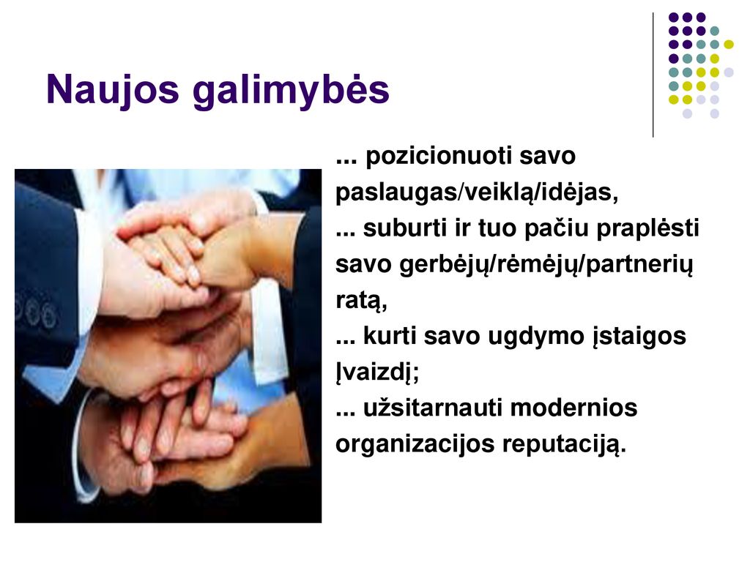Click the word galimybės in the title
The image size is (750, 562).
click(291, 91)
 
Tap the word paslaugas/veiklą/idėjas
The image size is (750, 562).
click(477, 192)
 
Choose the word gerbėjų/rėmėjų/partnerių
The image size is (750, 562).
click(546, 265)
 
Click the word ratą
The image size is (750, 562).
click(361, 301)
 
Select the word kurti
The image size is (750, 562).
click(390, 335)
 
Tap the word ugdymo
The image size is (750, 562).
click(535, 337)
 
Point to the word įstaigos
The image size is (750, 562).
click(639, 337)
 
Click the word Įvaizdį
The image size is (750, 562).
click(377, 372)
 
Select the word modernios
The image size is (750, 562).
click(574, 408)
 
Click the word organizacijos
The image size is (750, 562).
click(415, 444)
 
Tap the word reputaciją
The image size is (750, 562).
click(564, 445)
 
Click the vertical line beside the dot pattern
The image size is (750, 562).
click(653, 75)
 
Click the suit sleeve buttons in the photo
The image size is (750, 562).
click(37, 313)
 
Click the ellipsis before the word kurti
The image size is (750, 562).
click(346, 342)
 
